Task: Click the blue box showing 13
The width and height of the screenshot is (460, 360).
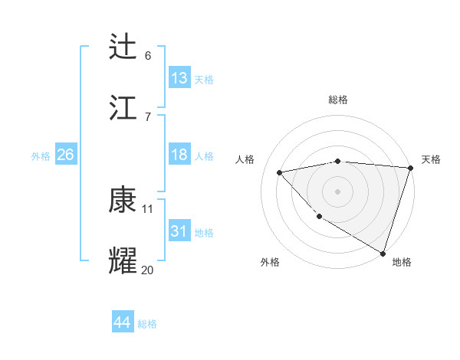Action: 179,77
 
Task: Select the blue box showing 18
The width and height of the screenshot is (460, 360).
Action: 179,155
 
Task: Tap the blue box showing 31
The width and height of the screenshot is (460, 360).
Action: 179,231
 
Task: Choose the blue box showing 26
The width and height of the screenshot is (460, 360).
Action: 65,155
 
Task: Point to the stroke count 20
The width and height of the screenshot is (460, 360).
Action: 147,270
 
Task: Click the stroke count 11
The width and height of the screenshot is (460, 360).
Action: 148,208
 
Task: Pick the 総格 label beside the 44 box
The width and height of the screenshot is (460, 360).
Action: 147,324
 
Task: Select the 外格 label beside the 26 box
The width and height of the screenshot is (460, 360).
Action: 41,156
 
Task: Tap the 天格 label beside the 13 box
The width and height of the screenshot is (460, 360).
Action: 203,79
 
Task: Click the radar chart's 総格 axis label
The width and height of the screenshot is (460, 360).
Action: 337,100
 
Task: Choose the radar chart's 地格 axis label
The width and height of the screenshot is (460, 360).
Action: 402,262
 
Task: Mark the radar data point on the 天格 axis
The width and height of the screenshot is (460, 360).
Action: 410,168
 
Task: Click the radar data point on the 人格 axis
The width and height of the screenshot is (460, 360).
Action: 280,172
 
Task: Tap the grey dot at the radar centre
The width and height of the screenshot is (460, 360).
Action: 337,191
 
